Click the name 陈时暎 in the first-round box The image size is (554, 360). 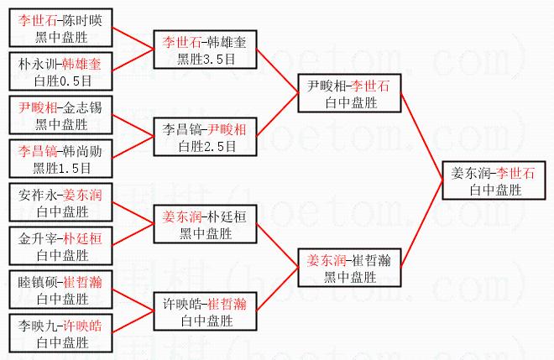84,18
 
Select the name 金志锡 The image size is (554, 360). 84,107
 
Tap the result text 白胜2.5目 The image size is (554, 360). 204,144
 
